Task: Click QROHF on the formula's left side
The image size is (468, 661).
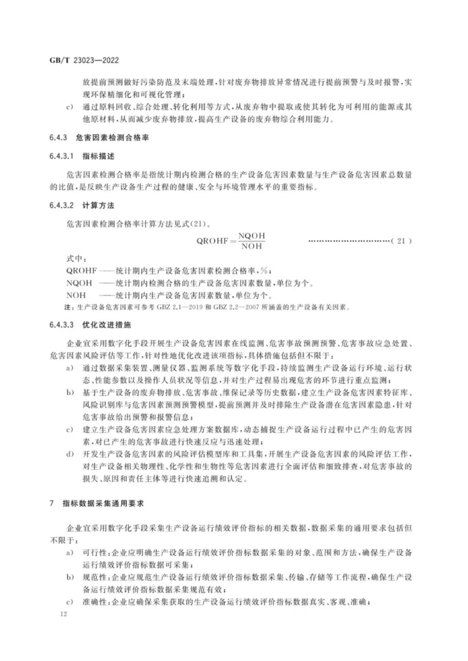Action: pyautogui.click(x=211, y=241)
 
